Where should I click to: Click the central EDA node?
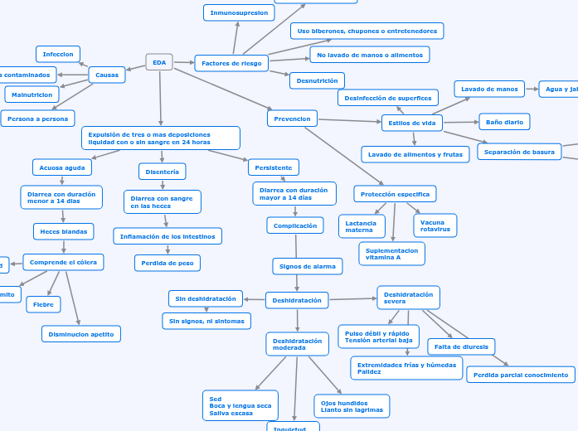coord(159,62)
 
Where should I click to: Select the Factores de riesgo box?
coord(231,63)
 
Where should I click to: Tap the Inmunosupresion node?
coord(239,12)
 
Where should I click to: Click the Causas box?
coord(107,75)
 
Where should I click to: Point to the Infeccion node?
coord(58,54)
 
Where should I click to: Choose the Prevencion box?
coord(292,119)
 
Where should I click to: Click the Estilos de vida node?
coord(411,123)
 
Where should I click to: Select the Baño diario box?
coord(504,122)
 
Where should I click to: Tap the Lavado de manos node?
coord(489,89)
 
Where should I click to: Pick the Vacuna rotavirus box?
coord(435,225)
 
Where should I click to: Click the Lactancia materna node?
coord(362,225)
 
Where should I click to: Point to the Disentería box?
coord(162,172)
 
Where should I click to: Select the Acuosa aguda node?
coord(62,167)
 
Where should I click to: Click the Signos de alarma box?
coord(308,266)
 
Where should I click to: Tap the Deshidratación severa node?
coord(408,298)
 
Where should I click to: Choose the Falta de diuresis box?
coord(461,346)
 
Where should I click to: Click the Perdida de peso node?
coord(168,263)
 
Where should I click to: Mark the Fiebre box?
coord(43,304)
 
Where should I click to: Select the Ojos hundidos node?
coord(352,406)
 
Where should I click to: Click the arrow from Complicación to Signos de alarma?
coord(296,246)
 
